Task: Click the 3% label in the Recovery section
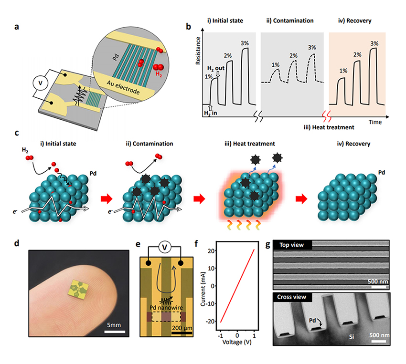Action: (x=375, y=43)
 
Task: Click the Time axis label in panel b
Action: (x=375, y=122)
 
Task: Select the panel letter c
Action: (x=17, y=133)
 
